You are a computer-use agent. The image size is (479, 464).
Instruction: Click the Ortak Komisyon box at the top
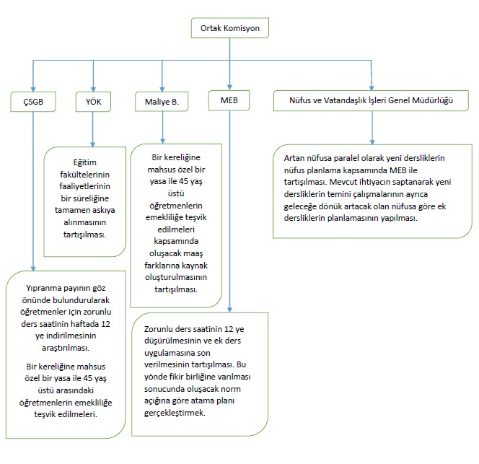(230, 29)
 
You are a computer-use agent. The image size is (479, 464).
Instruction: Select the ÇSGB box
(33, 102)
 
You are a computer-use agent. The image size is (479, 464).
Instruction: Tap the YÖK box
(93, 102)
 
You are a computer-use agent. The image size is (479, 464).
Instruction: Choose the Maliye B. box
(162, 102)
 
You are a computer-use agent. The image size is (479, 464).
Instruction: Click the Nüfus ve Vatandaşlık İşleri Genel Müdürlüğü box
(371, 102)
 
